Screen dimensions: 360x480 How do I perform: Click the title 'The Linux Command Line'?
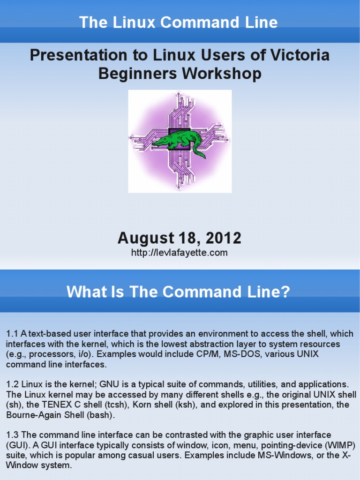pyautogui.click(x=179, y=22)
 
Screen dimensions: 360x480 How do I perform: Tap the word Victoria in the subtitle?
pyautogui.click(x=300, y=55)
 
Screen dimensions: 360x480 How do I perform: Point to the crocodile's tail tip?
pyautogui.click(x=204, y=157)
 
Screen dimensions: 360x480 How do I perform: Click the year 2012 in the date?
pyautogui.click(x=224, y=238)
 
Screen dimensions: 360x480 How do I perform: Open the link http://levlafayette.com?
pyautogui.click(x=180, y=253)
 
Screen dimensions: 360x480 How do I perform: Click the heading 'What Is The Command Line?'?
pyautogui.click(x=178, y=292)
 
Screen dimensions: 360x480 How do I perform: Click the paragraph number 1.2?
pyautogui.click(x=13, y=384)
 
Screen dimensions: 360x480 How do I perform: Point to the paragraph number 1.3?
pyautogui.click(x=13, y=435)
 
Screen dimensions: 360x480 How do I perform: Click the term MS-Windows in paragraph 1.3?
pyautogui.click(x=285, y=456)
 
